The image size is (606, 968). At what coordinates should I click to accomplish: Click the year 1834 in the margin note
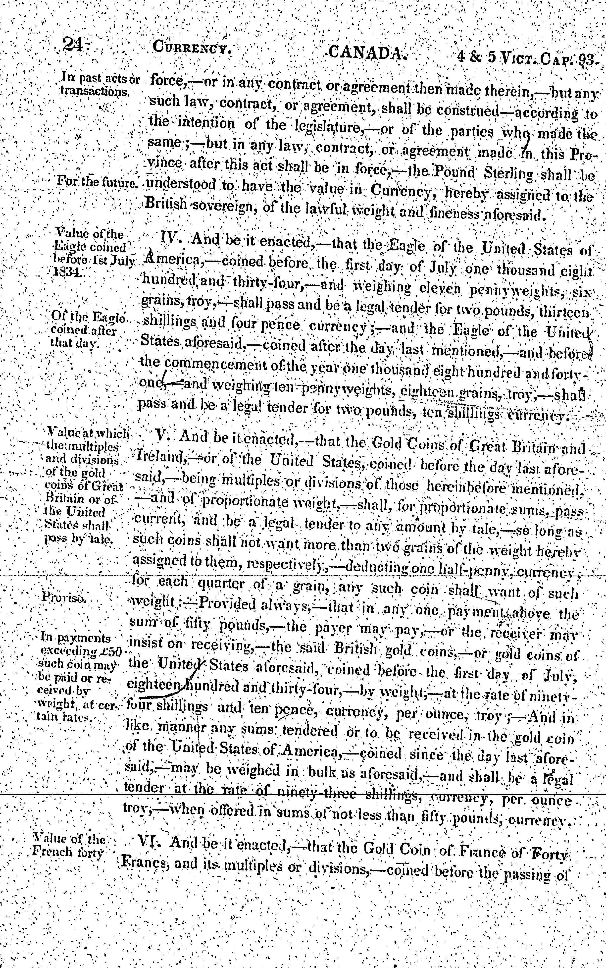(68, 271)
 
